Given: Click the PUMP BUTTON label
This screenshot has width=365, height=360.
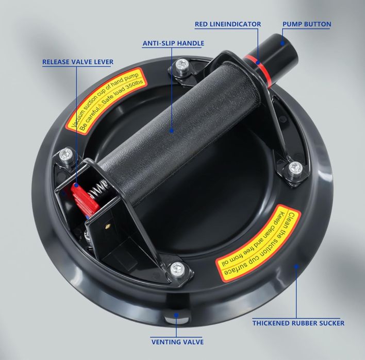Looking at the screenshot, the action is point(307,24).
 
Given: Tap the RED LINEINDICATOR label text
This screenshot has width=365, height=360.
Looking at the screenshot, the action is point(228,24).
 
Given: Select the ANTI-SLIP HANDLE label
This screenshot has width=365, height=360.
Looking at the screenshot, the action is point(173,43).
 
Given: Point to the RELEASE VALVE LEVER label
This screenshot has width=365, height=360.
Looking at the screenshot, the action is point(78,62).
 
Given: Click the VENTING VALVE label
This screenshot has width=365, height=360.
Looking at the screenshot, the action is point(178,342).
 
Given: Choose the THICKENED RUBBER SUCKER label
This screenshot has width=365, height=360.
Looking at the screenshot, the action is point(298,323).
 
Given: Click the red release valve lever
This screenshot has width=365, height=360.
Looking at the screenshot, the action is point(85,198).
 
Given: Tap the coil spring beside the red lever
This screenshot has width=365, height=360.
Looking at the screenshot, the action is point(98,190).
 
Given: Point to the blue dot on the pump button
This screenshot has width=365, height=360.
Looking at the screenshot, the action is point(282,43).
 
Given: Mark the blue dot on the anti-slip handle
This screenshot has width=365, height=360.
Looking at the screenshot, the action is point(172,131).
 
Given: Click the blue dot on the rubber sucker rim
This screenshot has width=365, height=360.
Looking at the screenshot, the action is point(296,266).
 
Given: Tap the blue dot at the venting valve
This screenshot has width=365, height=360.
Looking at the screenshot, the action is point(176,315).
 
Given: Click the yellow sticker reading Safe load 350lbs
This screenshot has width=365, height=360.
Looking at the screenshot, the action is point(106,101).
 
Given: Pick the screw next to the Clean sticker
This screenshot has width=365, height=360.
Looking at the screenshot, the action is point(295,169).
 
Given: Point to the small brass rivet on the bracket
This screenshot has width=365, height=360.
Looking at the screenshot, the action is point(108,226).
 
